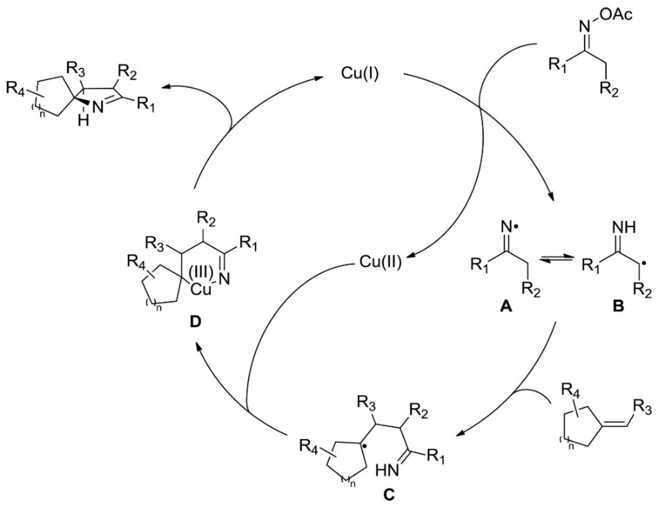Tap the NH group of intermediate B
pos(624,229)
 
